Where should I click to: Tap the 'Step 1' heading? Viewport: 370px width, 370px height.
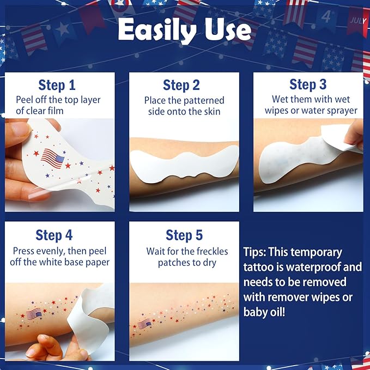click(x=57, y=85)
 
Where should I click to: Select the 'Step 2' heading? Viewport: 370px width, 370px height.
click(x=181, y=85)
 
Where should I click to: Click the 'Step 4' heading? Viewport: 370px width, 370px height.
click(x=54, y=235)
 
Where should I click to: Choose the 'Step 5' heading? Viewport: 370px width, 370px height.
click(x=184, y=235)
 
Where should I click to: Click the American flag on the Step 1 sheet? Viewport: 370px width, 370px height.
click(x=53, y=157)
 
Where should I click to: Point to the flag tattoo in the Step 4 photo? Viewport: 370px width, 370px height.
click(x=34, y=314)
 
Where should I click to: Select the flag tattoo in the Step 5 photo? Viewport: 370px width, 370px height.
click(x=145, y=324)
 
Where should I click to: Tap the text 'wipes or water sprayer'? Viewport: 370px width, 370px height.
click(x=311, y=111)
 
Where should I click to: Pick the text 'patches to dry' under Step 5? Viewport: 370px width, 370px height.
click(x=187, y=263)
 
